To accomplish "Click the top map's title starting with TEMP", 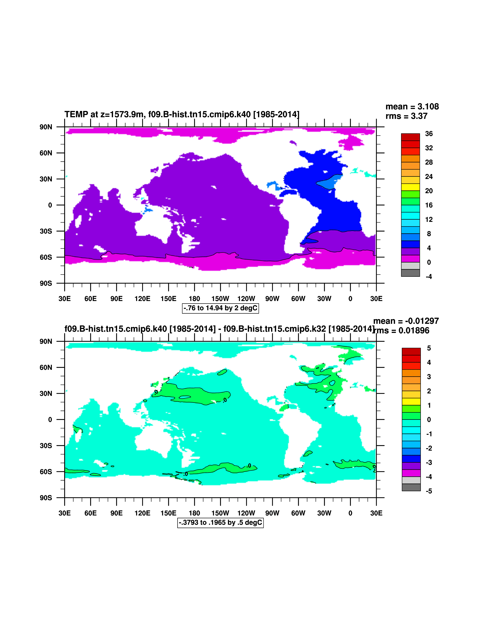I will [182, 114].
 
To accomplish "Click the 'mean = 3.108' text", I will [412, 107].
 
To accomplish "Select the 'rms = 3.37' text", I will [406, 116].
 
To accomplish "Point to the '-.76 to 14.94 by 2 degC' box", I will [220, 308].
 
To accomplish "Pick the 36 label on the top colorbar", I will [429, 134].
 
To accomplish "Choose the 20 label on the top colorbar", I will [429, 191].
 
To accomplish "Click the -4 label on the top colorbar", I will [429, 277].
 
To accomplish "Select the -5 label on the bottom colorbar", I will [429, 491].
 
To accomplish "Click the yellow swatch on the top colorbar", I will [410, 187].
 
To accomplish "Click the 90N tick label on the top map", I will [46, 127].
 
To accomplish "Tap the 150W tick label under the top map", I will [220, 299].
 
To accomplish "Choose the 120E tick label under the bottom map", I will [142, 513].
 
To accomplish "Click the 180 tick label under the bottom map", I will [194, 513].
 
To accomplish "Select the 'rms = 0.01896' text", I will [402, 331].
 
